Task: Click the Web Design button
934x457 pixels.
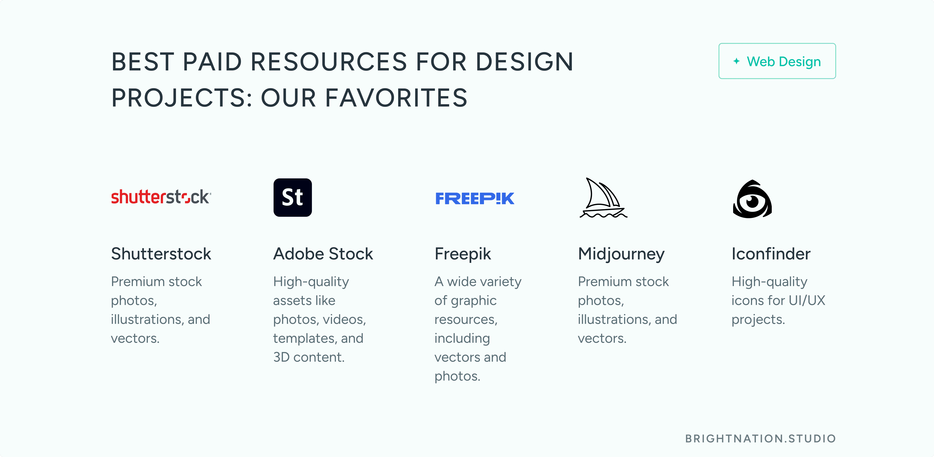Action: point(777,61)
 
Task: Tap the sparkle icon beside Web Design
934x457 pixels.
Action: point(736,61)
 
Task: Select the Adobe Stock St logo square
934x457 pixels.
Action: point(293,197)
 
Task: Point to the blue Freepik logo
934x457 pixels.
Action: point(475,198)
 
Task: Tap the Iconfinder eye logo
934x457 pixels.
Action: point(752,199)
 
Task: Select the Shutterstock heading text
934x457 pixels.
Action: point(161,254)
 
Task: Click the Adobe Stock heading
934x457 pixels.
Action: point(323,254)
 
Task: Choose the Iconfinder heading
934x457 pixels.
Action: point(771,254)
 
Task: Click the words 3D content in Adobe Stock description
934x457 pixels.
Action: point(309,357)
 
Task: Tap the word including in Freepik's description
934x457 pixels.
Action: point(462,339)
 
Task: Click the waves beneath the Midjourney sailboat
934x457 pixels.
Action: point(603,215)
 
